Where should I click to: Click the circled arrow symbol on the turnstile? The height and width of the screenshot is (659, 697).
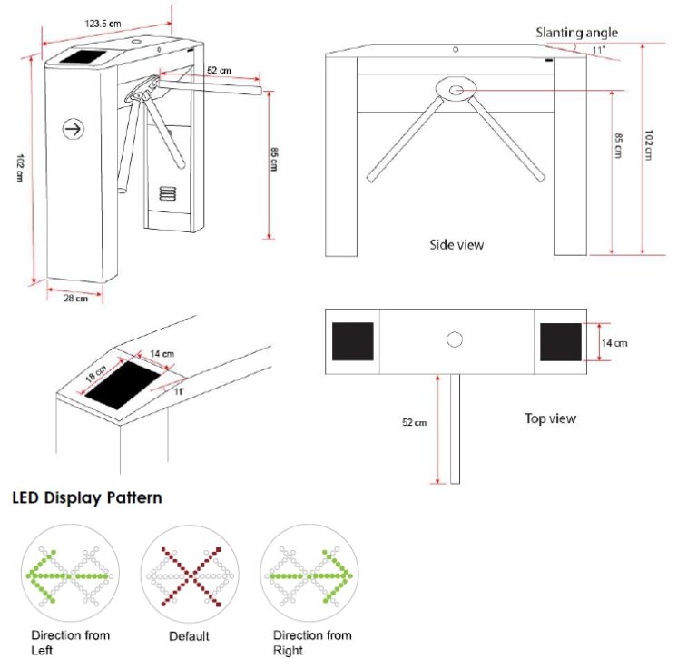click(73, 129)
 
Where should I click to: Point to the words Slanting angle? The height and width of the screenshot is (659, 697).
click(576, 33)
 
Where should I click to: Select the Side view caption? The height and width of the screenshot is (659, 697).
click(456, 244)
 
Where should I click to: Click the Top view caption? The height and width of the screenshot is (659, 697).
click(550, 418)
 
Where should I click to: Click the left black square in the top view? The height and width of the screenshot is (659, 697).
click(353, 341)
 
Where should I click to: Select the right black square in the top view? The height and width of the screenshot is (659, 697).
click(561, 341)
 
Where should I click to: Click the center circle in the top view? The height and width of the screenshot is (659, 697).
click(456, 339)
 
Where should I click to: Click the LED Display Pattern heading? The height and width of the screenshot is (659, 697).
click(87, 497)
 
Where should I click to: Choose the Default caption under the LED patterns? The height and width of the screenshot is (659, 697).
click(189, 636)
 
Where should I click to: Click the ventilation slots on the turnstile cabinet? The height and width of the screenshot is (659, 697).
click(169, 193)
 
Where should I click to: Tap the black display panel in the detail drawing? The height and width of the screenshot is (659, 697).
click(123, 386)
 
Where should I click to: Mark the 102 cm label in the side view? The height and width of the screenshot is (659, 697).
click(649, 146)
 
